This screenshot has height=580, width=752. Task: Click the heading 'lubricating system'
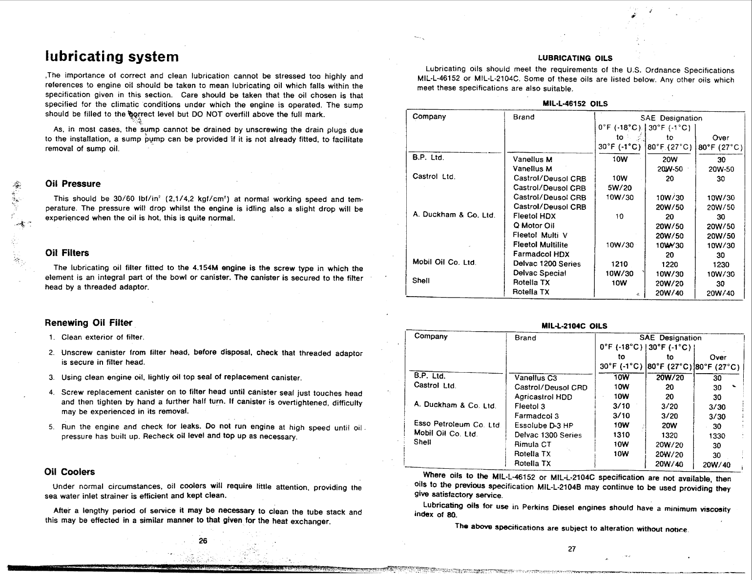pos(112,57)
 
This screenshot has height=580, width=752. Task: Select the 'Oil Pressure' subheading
pos(73,184)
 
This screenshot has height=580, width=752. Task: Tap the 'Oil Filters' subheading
pos(67,253)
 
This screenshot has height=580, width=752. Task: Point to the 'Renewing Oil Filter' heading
pos(88,323)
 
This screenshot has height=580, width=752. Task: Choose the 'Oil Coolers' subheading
pos(69,472)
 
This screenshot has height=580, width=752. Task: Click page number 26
pos(203,540)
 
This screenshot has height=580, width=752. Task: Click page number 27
pos(572,549)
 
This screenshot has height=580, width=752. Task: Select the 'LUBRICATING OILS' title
pos(575,59)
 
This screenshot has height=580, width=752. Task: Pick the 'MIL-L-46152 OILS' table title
pos(575,103)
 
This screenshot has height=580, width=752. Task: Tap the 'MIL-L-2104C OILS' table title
pos(574,326)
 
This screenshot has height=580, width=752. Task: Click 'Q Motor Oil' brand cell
pos(534,225)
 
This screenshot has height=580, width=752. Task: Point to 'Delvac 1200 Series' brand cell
pos(547,264)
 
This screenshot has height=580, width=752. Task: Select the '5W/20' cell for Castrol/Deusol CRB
pos(617,188)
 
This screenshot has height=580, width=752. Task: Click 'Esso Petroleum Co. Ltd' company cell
pos(457,424)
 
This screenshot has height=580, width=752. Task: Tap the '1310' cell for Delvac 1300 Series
pos(621,435)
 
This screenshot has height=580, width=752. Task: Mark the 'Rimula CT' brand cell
pos(533,444)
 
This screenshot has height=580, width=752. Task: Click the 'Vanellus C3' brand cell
pos(536,378)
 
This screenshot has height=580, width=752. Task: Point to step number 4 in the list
pos(51,393)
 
